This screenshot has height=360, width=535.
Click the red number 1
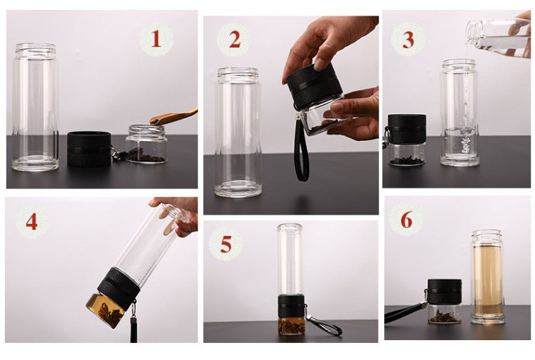click(x=156, y=38)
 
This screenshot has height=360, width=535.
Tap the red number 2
click(x=235, y=39)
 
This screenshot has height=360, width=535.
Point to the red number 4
click(x=31, y=222)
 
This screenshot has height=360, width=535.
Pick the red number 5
click(x=226, y=244)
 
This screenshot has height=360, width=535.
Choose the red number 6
click(x=406, y=220)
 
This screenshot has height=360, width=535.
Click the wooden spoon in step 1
click(x=174, y=116)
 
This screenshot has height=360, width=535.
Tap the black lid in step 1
click(x=89, y=149)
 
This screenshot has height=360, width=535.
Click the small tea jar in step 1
click(x=147, y=144)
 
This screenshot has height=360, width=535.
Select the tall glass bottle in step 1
click(x=35, y=107)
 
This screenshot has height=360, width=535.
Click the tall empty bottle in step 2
click(x=238, y=132)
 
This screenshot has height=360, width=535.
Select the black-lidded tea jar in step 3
click(x=407, y=140)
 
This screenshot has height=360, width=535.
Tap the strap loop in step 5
click(x=323, y=325)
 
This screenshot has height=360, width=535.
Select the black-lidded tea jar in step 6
click(x=444, y=301)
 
